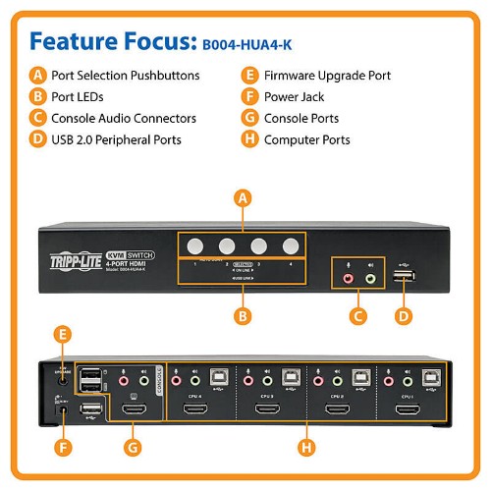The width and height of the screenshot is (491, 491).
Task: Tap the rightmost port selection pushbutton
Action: (x=290, y=245)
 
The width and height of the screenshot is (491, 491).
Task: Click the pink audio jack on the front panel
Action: (x=350, y=278)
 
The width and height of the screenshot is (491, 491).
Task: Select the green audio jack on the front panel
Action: (x=370, y=278)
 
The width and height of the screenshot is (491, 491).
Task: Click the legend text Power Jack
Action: (x=294, y=96)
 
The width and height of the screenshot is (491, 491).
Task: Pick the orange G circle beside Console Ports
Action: (x=249, y=118)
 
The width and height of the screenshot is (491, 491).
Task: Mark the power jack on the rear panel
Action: (x=65, y=412)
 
